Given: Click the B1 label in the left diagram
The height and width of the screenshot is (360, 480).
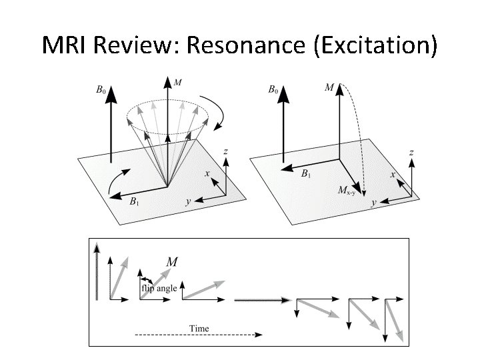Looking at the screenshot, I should [135, 201].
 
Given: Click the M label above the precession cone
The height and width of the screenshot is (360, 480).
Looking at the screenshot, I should [177, 82].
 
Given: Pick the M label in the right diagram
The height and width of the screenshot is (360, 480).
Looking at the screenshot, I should [329, 87].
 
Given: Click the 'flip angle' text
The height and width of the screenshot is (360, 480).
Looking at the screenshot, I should [159, 288].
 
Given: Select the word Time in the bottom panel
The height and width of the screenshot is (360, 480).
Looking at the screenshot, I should [199, 328].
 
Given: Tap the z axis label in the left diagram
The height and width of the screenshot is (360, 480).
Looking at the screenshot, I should [227, 152].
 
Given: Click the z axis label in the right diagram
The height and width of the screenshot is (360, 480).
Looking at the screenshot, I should [411, 153].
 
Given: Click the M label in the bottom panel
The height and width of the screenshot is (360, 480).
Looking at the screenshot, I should [171, 262].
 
